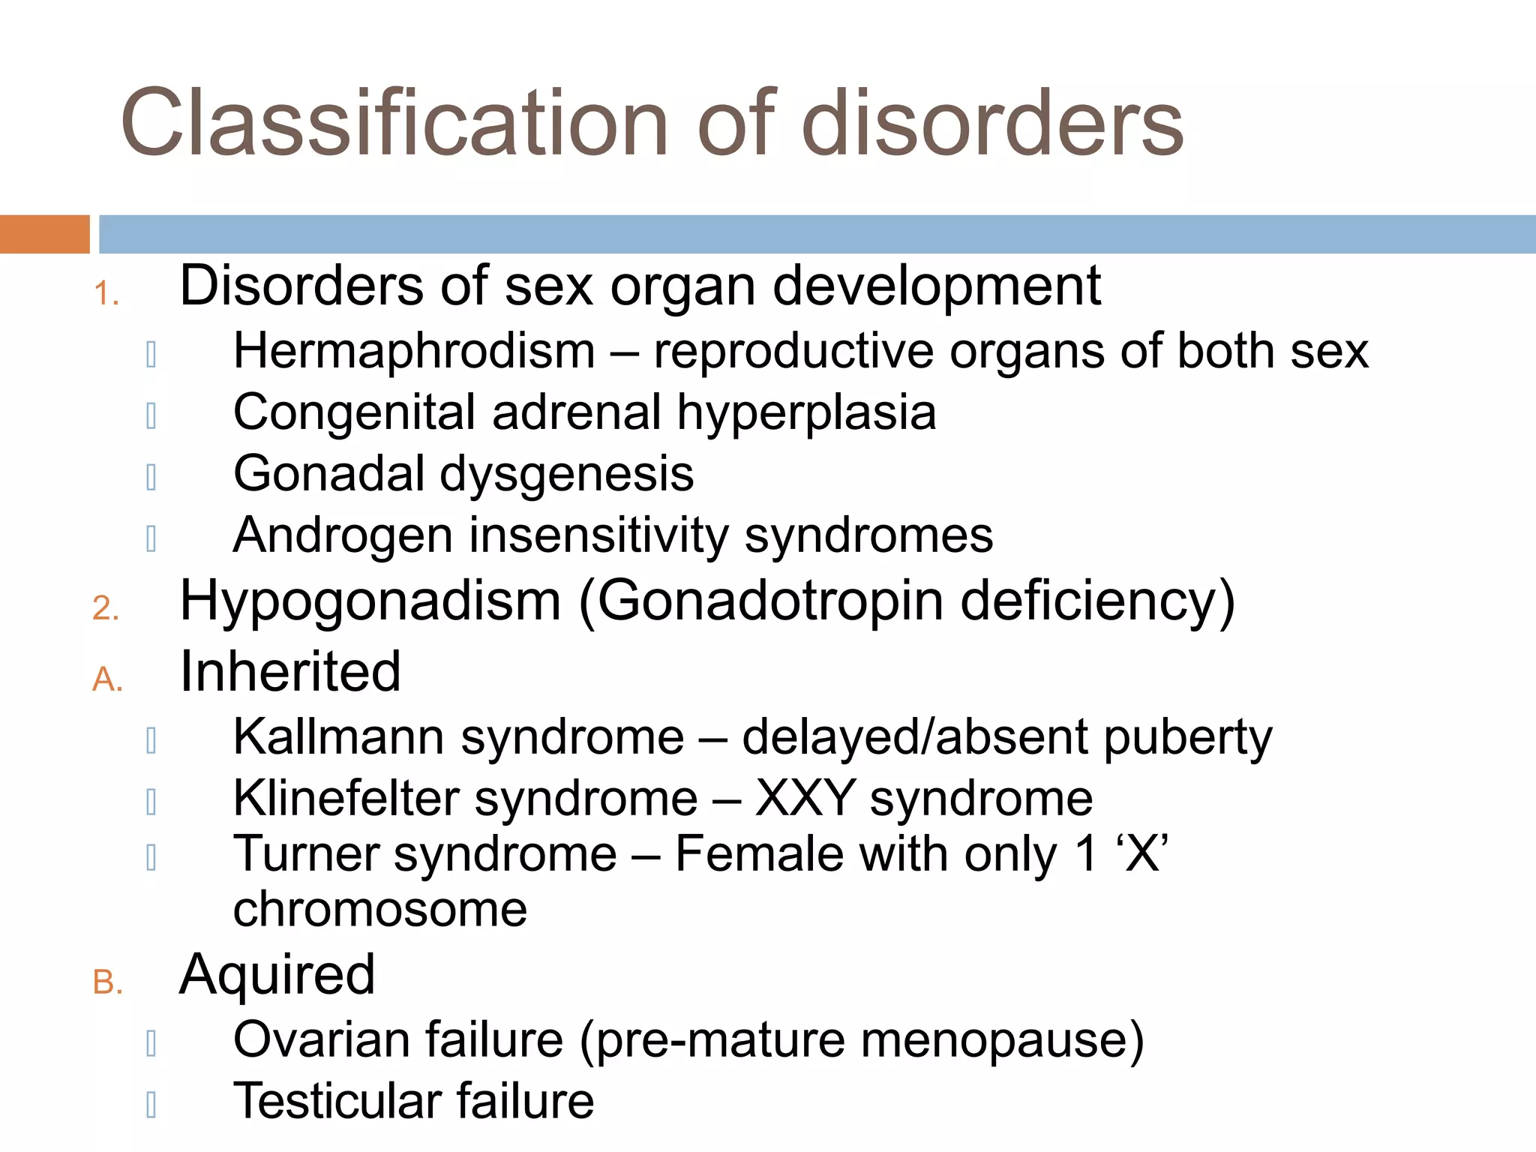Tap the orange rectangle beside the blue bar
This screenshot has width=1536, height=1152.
[44, 234]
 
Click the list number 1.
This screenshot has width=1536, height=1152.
[106, 293]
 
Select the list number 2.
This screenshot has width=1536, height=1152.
[106, 607]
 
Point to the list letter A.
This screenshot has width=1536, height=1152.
[107, 679]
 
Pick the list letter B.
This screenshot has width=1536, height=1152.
[107, 982]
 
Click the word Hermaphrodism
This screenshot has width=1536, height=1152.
[414, 351]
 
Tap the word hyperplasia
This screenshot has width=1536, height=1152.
[806, 412]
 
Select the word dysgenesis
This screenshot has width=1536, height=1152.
[566, 474]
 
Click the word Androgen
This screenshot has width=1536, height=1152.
[343, 535]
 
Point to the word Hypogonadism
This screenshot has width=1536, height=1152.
[370, 601]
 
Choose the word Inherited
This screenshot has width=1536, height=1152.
[290, 671]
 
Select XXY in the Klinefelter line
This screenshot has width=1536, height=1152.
[805, 798]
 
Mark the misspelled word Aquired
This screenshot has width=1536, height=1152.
[277, 975]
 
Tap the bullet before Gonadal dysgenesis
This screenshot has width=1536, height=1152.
[151, 477]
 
